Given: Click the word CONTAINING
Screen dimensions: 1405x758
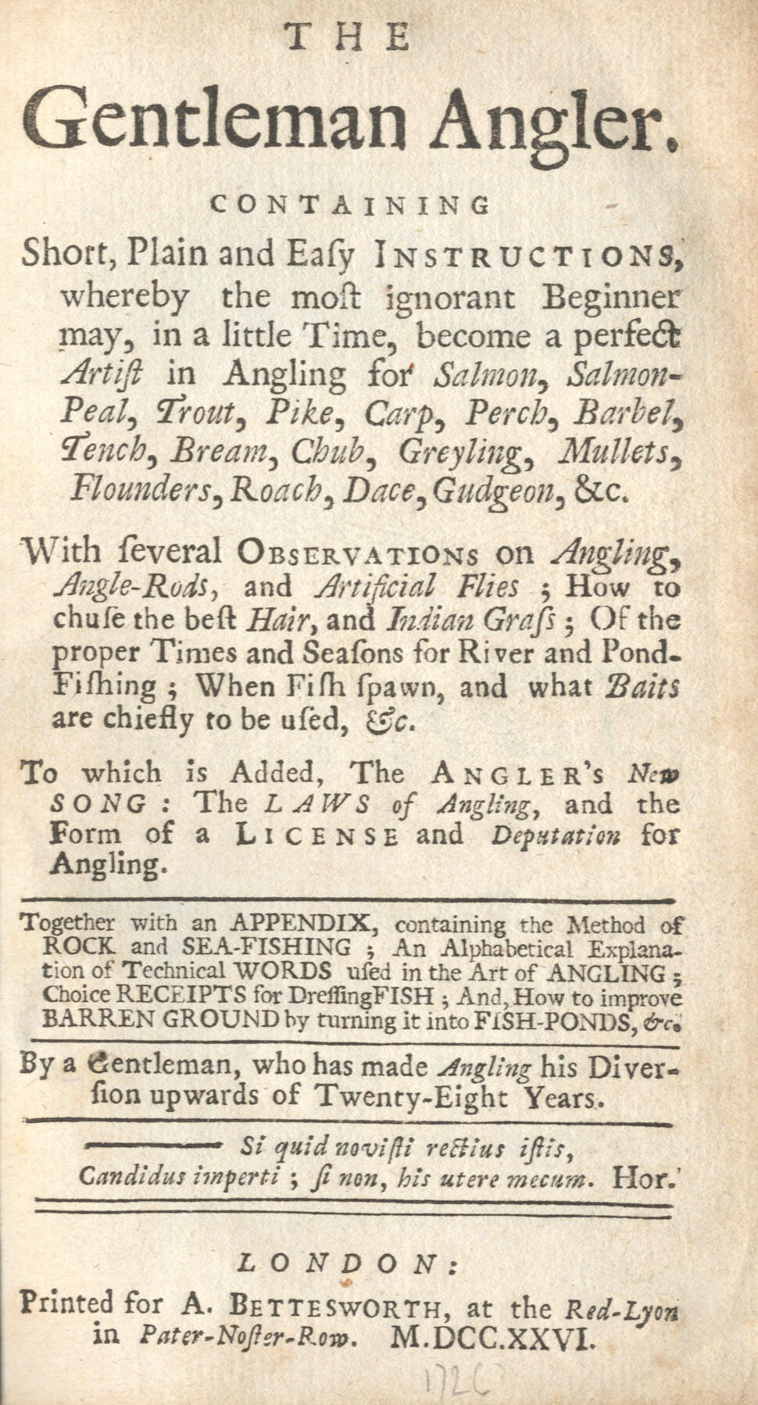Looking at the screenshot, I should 350,205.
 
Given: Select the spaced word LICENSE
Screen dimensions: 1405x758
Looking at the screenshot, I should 318,835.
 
